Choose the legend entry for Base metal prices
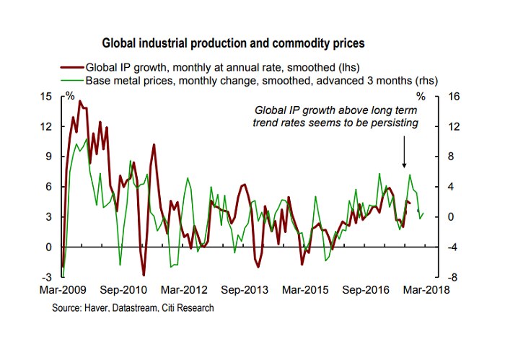[262, 80]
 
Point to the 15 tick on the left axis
[46, 96]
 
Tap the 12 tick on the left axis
[46, 126]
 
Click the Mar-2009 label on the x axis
[60, 291]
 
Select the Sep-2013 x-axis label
[245, 291]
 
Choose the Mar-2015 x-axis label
[306, 291]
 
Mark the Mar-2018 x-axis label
[426, 291]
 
